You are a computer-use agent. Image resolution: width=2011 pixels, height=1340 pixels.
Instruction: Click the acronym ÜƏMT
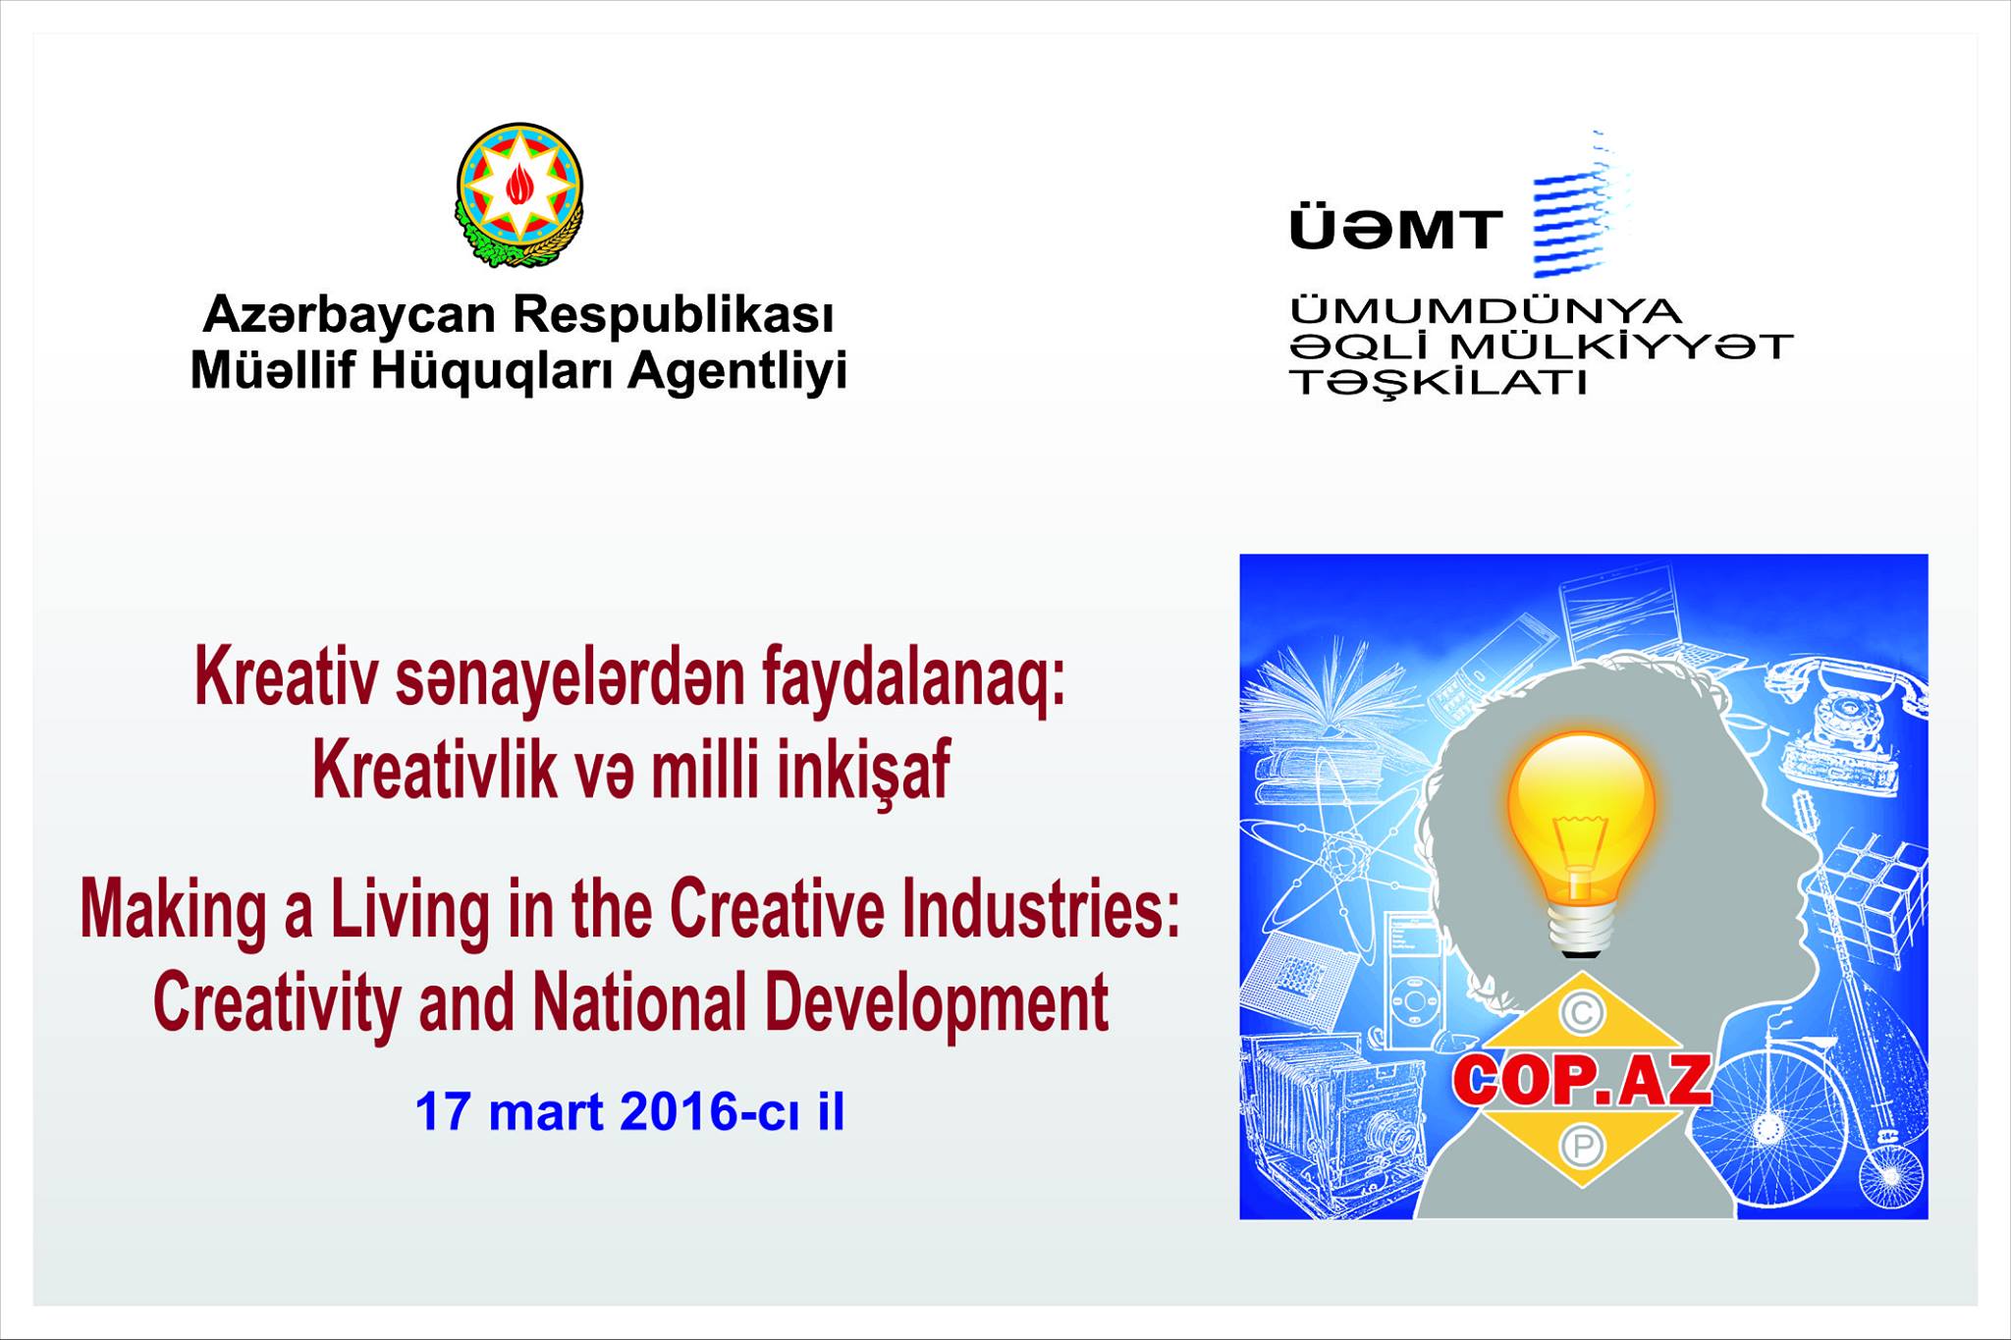pyautogui.click(x=1395, y=230)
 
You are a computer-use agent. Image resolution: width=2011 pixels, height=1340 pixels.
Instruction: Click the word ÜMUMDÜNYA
pyautogui.click(x=1486, y=311)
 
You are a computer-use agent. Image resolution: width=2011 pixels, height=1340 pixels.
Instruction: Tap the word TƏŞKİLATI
pyautogui.click(x=1439, y=383)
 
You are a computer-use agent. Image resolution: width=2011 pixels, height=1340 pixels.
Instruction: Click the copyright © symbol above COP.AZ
pyautogui.click(x=1582, y=1014)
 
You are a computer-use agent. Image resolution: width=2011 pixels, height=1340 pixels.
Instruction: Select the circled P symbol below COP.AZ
pyautogui.click(x=1582, y=1146)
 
